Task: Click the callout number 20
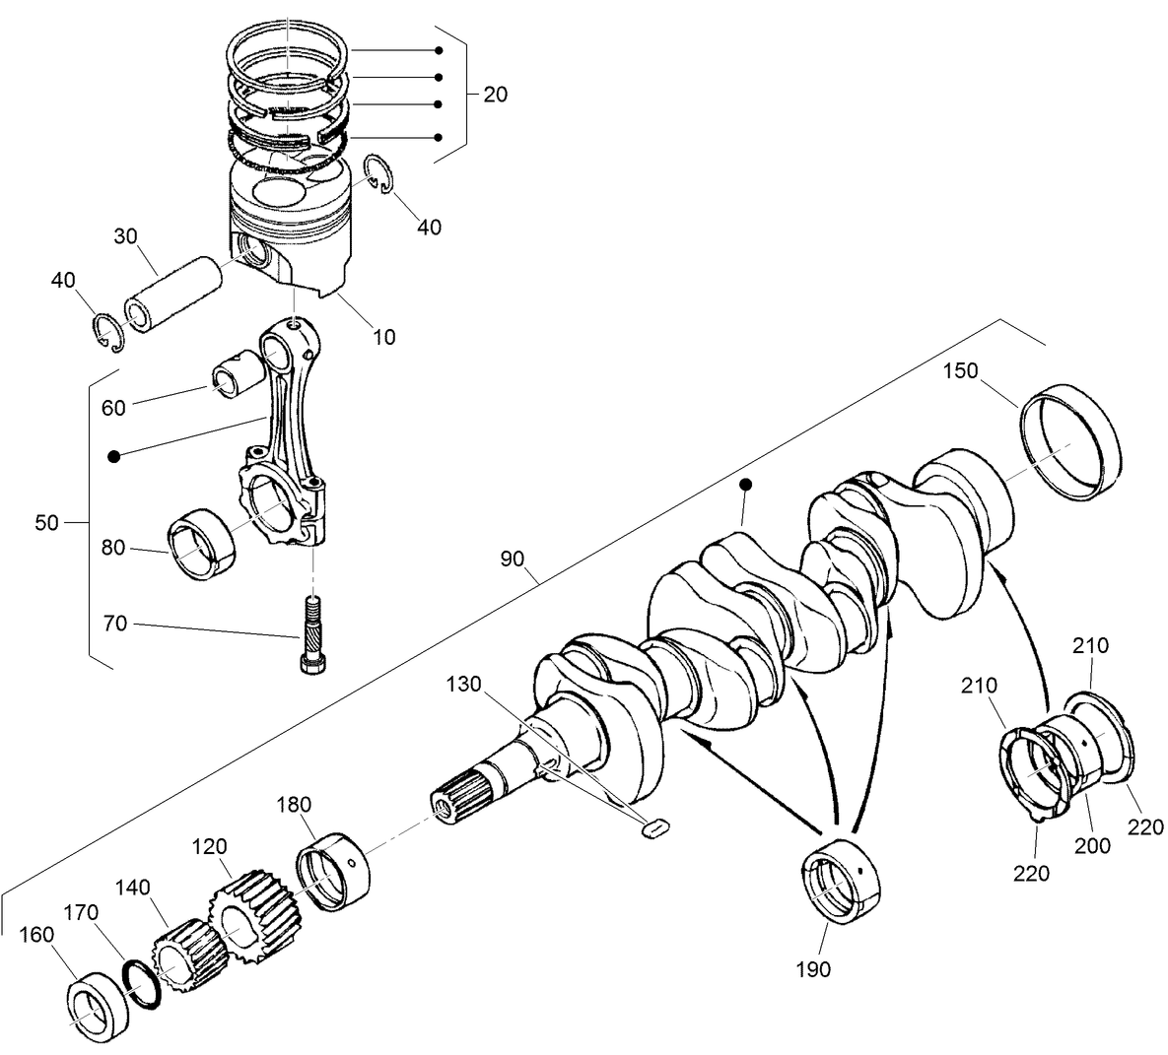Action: point(496,95)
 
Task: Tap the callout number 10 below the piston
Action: point(384,337)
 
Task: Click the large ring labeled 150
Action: point(1070,440)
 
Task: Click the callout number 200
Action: point(1093,845)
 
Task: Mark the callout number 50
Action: point(47,523)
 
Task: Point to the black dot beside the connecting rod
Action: point(114,456)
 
